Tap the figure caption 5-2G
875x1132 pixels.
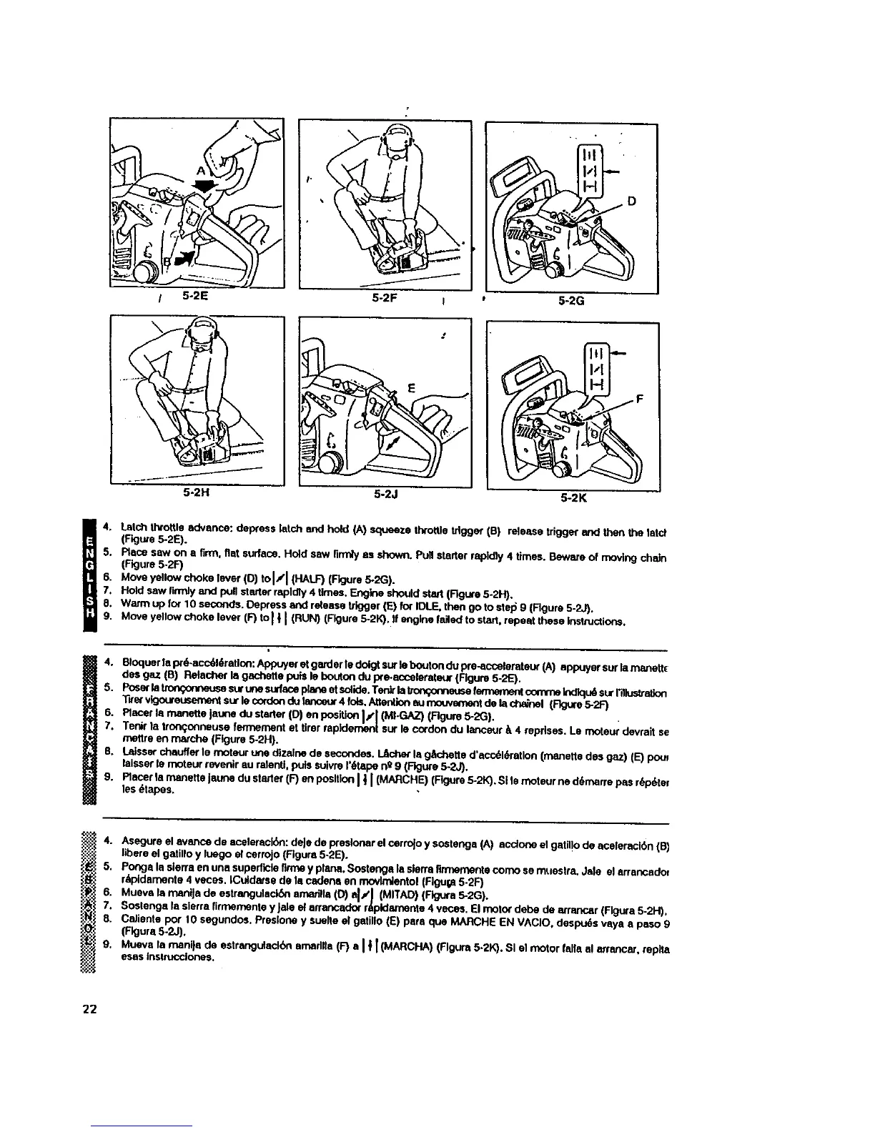pyautogui.click(x=571, y=301)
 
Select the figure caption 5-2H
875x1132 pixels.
pyautogui.click(x=195, y=492)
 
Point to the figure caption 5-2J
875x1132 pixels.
pyautogui.click(x=386, y=492)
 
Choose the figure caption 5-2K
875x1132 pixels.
pyautogui.click(x=572, y=497)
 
